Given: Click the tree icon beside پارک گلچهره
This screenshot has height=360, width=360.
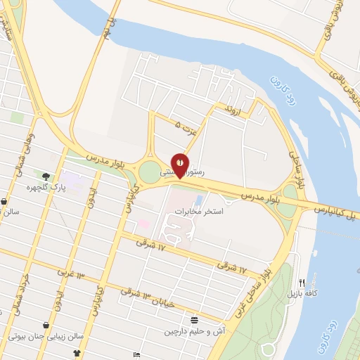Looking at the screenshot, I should pos(46,176).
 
